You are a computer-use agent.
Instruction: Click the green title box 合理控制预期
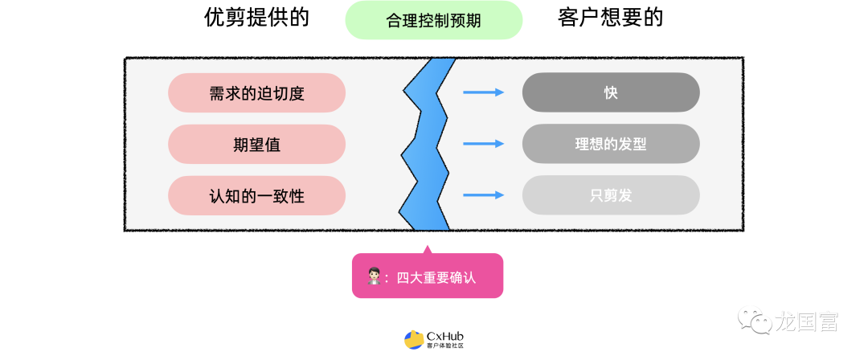(x=433, y=20)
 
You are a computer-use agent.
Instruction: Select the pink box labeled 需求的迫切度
(x=256, y=92)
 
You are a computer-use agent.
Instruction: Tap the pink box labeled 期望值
(x=256, y=144)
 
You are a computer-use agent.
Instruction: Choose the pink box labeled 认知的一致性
(x=256, y=194)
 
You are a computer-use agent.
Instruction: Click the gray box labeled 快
(x=611, y=92)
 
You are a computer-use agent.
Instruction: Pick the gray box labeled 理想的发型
(x=611, y=144)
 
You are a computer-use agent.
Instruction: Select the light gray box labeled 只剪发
(x=611, y=194)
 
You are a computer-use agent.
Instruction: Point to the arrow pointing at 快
(x=483, y=92)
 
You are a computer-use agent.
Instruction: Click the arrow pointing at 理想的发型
(x=483, y=144)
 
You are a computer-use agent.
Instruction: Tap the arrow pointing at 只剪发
(x=483, y=194)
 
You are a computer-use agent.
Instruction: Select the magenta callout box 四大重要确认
(x=427, y=276)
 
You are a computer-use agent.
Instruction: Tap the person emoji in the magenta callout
(x=374, y=277)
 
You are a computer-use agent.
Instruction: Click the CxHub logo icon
(x=414, y=340)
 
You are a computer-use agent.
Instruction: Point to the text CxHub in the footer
(x=445, y=336)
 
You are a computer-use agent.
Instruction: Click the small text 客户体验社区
(x=445, y=346)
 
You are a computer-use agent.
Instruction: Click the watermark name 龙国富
(x=807, y=322)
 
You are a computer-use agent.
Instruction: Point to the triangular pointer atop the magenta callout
(x=427, y=248)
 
